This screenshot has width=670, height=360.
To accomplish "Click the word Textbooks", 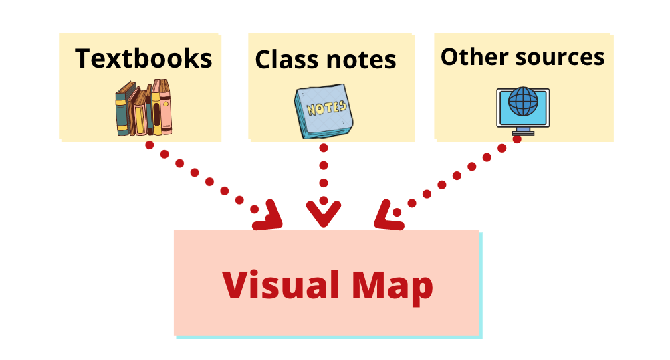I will click(143, 58).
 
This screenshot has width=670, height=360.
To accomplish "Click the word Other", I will click(468, 57).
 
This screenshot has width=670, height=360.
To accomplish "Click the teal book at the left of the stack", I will click(121, 110).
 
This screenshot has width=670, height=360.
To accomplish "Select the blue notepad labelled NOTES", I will click(324, 111).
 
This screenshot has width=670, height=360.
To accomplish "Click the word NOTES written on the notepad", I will click(326, 107).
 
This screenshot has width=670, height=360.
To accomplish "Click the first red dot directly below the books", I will click(149, 144).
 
